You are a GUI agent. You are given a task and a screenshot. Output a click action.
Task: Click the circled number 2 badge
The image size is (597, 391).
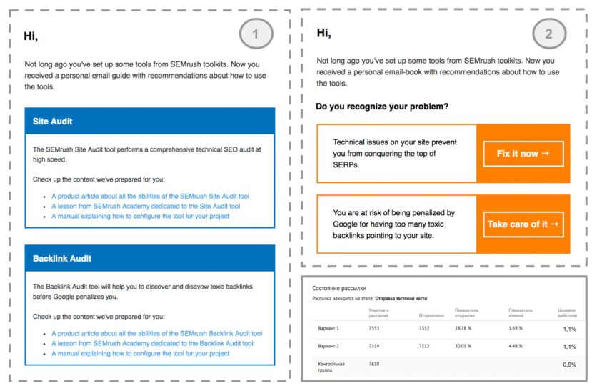[x=549, y=33]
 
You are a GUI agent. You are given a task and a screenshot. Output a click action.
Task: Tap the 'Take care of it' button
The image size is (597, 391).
[x=523, y=224]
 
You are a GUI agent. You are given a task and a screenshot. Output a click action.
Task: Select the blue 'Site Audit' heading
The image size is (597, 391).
[x=53, y=122]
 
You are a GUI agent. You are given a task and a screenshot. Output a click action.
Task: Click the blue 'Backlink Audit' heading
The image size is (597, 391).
[x=62, y=258]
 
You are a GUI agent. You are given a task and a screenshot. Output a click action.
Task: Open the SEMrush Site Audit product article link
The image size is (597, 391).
[x=150, y=195]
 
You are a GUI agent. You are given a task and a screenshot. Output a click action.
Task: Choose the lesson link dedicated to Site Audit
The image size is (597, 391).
[x=146, y=206]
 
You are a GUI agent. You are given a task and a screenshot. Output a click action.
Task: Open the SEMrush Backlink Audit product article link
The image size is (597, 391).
[x=156, y=333]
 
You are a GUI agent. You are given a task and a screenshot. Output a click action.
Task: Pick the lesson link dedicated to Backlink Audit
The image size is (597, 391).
[x=152, y=343]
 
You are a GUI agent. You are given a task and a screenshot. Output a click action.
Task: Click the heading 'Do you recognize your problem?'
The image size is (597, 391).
[x=383, y=107]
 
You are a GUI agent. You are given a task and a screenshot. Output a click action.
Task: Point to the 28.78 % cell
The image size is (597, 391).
[x=465, y=328]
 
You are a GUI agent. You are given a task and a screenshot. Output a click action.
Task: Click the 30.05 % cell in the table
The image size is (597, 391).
[x=465, y=347]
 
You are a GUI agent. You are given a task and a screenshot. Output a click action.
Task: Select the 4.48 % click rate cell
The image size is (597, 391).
[x=516, y=347]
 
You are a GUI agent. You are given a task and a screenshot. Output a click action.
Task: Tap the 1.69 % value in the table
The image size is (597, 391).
[x=516, y=328]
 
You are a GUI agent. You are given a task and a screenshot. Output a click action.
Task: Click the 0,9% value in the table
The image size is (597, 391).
[x=569, y=365]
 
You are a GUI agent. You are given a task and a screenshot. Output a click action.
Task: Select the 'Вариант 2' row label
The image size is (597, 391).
[x=329, y=347]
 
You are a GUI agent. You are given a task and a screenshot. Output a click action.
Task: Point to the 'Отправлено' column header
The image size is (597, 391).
[x=431, y=315]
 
